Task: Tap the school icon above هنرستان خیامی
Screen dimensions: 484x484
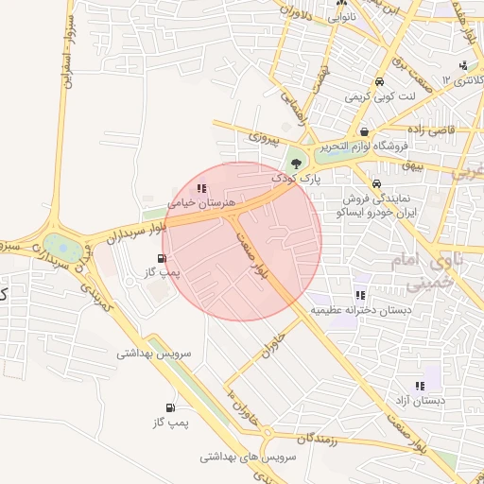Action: pos(200,188)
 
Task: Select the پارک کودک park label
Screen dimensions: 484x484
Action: pos(297,177)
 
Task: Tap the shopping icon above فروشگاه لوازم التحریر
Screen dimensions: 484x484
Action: pos(365,132)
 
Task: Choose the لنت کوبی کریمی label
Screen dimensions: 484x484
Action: pos(379,96)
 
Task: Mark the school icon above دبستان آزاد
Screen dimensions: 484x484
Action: pos(420,386)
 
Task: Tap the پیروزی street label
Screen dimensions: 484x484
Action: pos(264,137)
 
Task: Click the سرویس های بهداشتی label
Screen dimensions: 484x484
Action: pos(249,456)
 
